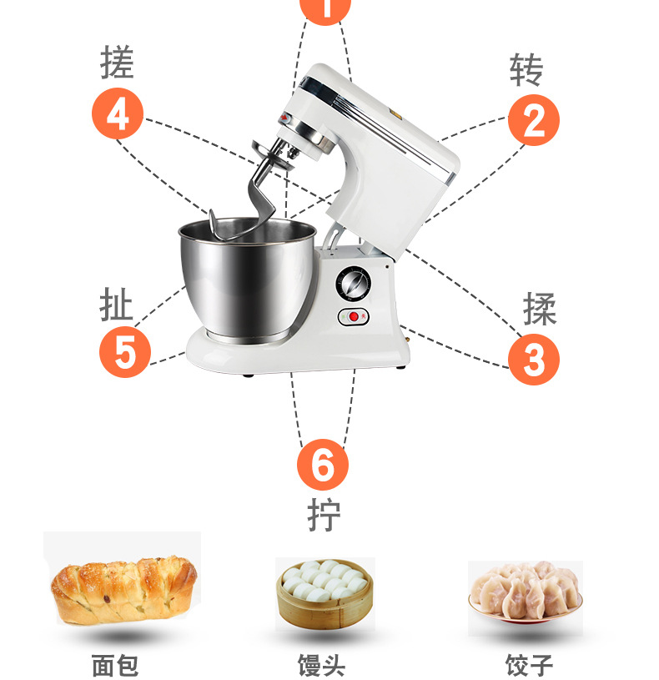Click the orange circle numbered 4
point(118,113)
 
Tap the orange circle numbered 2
point(534,120)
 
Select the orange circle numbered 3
point(534,359)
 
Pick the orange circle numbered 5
point(125,352)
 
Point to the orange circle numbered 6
point(323,465)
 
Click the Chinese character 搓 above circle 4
point(117,62)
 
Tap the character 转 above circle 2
point(526,69)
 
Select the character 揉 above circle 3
point(540,309)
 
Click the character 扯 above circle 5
point(116,305)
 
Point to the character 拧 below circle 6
point(324,515)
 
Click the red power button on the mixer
point(355,316)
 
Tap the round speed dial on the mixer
point(354,284)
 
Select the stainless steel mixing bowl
point(249,280)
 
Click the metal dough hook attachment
point(260,187)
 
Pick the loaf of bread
point(123,589)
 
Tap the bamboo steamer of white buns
point(324,594)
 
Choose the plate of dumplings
point(526,592)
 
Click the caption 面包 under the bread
point(115,665)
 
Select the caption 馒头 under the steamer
point(322,665)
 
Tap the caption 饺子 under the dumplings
point(529,665)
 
